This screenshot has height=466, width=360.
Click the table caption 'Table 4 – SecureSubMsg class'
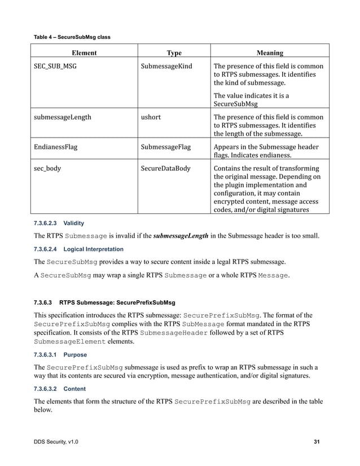72,37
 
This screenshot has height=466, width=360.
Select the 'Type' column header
174,53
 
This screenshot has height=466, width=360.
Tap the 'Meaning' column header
269,53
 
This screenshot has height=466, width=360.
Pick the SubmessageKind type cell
166,66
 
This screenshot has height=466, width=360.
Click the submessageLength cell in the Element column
63,117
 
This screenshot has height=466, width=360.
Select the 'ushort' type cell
151,117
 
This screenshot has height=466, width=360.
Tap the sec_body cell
47,168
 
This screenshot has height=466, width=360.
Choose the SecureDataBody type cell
166,168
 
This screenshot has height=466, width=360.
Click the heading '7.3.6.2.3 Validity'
59,223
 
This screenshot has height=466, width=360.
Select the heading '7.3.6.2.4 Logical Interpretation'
78,249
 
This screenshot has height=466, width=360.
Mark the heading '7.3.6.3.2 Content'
60,389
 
